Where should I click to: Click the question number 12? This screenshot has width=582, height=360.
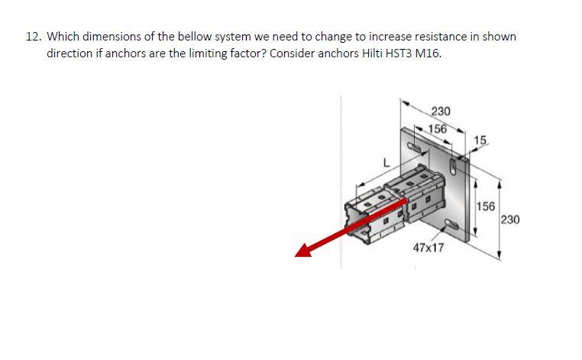tap(32, 37)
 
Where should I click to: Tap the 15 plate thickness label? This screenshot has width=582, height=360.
tap(480, 139)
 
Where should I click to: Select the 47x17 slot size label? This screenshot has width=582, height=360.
tap(428, 248)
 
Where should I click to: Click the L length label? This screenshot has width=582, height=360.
tap(386, 162)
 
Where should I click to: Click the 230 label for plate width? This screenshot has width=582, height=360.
tap(441, 111)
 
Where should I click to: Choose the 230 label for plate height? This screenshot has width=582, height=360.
tap(511, 220)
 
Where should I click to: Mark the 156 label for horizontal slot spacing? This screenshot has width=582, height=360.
tap(437, 128)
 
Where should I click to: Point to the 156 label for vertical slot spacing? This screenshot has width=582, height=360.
tap(486, 206)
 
